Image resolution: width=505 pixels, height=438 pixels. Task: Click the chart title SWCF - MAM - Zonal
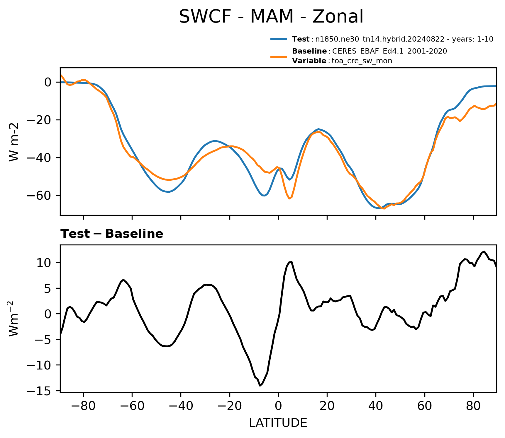tap(271, 17)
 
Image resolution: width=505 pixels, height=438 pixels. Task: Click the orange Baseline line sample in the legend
tap(279, 56)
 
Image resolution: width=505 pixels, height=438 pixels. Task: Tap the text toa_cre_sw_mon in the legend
tap(362, 61)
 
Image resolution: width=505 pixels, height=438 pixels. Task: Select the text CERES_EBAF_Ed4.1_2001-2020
tap(390, 51)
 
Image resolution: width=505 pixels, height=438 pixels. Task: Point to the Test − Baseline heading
tap(112, 234)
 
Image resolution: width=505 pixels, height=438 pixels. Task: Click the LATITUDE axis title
tap(278, 423)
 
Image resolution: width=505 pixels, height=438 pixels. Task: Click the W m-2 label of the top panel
tap(14, 142)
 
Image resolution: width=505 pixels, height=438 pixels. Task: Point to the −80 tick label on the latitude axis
tap(83, 406)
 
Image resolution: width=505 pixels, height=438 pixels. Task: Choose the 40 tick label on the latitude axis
tap(376, 406)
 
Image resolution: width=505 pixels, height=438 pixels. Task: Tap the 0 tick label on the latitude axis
tap(278, 406)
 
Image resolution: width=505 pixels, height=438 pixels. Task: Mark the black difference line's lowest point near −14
tap(260, 386)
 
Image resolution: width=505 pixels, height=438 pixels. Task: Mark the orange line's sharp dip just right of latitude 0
tap(289, 199)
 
